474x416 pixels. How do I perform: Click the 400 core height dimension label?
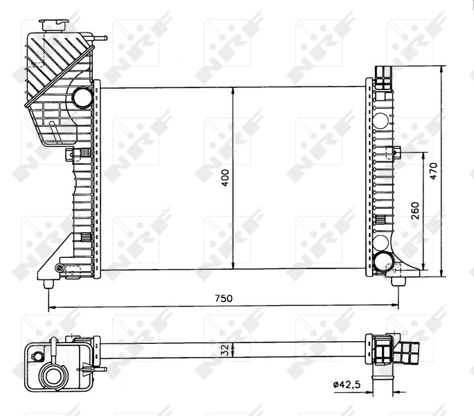coord(225,178)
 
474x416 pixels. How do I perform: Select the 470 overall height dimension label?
coord(434,171)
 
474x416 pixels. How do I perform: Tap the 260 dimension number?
coord(414,210)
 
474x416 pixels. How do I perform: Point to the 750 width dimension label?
coord(222,298)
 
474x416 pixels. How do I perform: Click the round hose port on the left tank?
coord(82,97)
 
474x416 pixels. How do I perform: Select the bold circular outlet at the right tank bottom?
coord(383,261)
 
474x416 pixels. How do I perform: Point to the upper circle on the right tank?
coord(382,119)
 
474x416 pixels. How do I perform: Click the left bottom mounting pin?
coord(49,283)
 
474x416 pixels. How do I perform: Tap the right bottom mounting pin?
coord(398,281)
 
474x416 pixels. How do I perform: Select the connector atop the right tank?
coord(382,73)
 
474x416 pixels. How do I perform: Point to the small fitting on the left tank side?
coord(71,154)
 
